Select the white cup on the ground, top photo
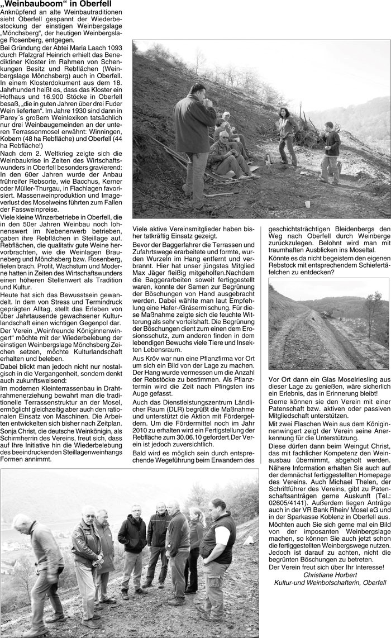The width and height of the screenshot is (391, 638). tap(308, 204)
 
